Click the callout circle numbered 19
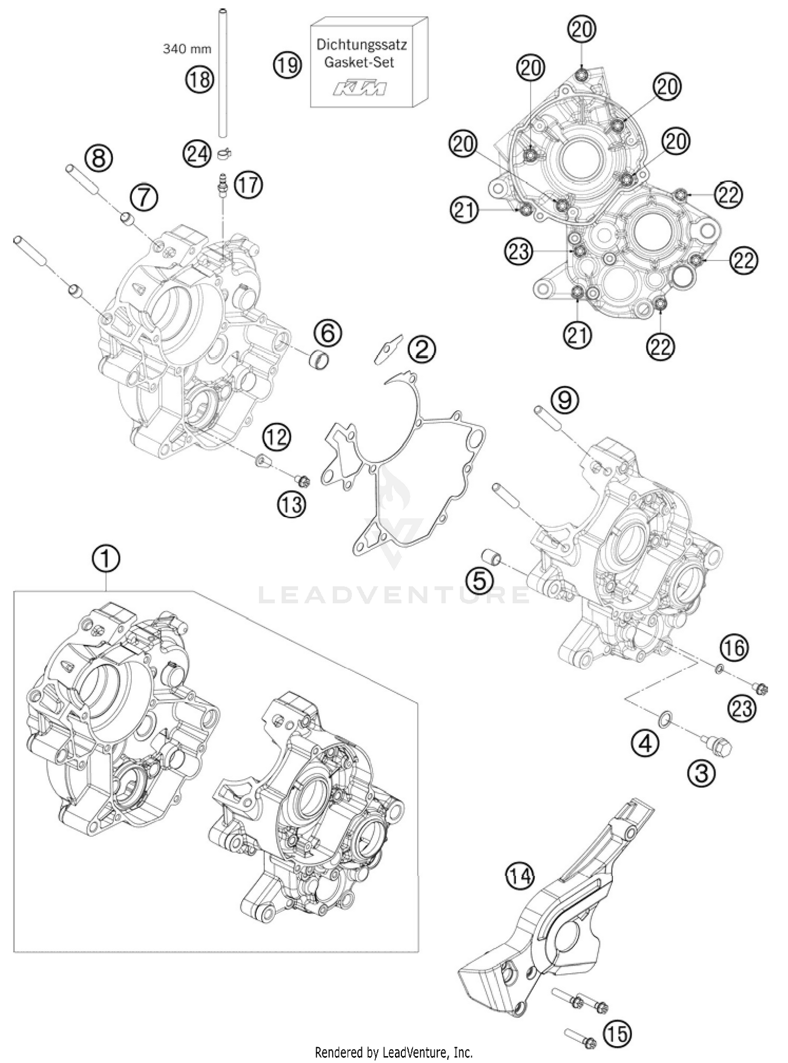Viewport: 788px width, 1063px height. coord(287,66)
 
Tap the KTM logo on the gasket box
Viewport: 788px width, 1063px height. coord(361,88)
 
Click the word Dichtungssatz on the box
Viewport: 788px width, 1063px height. coord(361,45)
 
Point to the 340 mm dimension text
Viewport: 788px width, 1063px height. coord(187,49)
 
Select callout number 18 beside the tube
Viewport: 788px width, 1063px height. coord(199,79)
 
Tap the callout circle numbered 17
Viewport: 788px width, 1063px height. coord(248,185)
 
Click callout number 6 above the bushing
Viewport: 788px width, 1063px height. coord(327,332)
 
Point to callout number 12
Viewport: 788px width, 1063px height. coord(277,437)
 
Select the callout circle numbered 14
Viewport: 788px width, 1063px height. coord(520,875)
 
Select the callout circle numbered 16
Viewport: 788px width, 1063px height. coord(734,648)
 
